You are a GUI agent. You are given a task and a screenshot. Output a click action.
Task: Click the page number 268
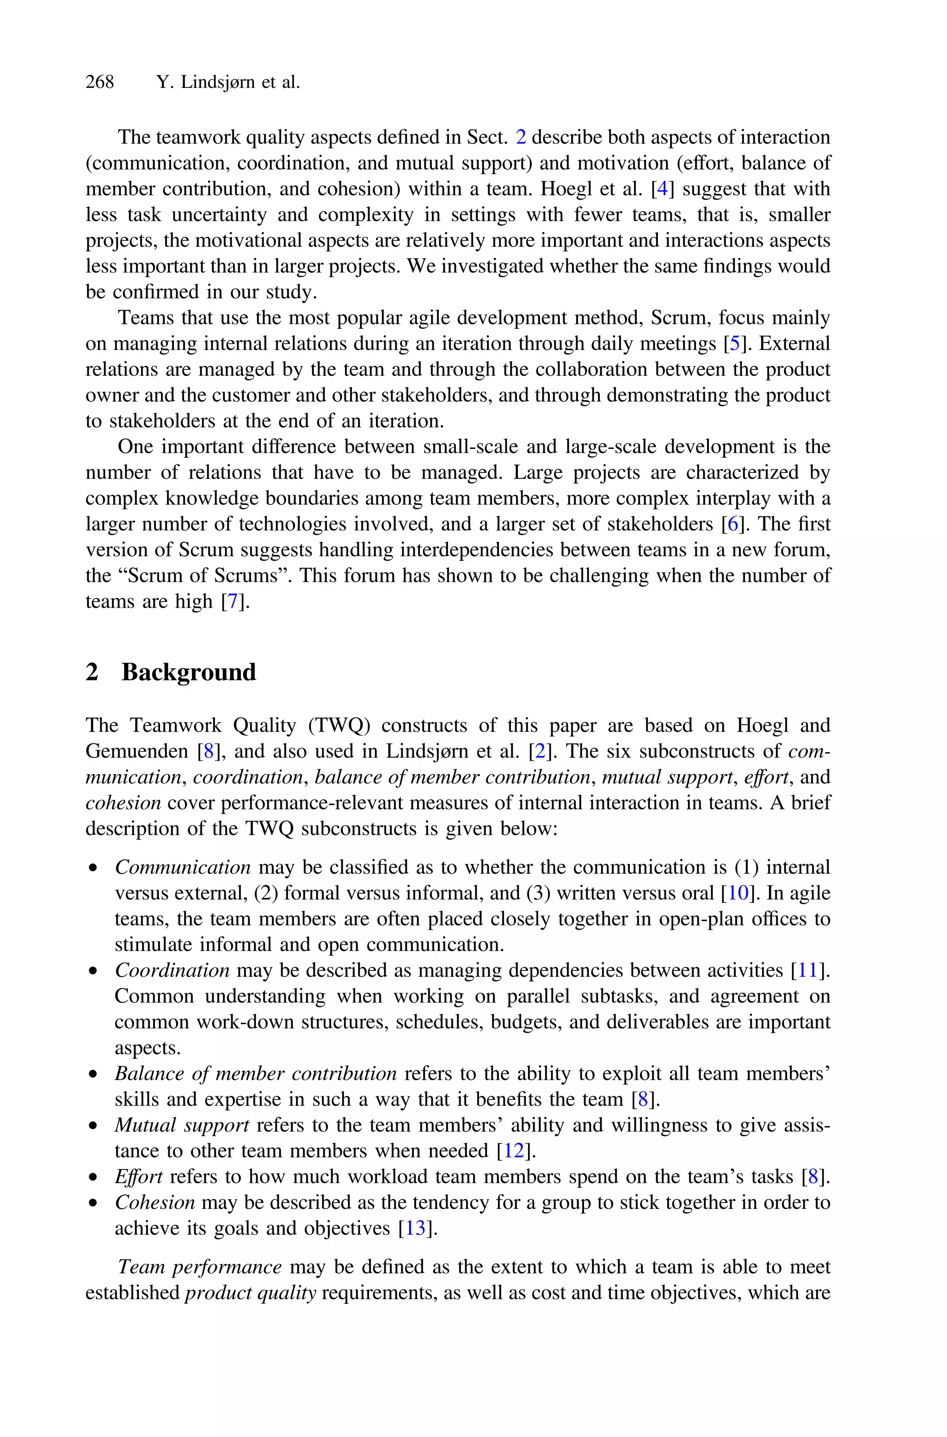click(100, 82)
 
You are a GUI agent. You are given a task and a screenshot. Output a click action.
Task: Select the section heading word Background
click(189, 672)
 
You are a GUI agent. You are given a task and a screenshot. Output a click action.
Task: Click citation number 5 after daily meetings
click(734, 344)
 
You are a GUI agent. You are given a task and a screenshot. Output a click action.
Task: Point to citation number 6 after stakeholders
click(732, 524)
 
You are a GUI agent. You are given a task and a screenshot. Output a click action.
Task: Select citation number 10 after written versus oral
click(738, 893)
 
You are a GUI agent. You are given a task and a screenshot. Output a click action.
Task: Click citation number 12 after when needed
click(514, 1151)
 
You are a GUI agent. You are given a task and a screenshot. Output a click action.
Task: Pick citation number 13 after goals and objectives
click(416, 1229)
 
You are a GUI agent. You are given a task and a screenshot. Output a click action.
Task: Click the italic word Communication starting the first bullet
click(182, 867)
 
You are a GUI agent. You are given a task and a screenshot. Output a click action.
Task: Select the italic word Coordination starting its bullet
click(172, 970)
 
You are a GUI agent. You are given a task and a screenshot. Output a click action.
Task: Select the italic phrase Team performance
click(199, 1267)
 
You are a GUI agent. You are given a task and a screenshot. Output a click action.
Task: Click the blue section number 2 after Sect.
click(521, 138)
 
